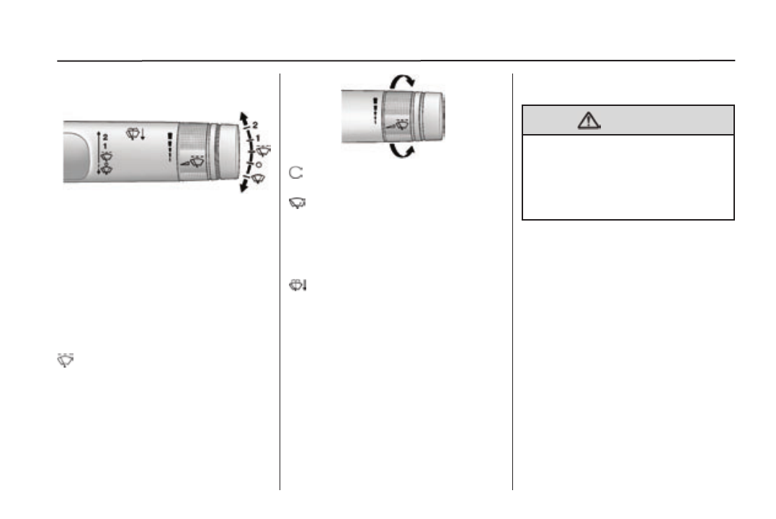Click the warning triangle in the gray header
coord(589,120)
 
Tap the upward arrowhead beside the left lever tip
coord(243,117)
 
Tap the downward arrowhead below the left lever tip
coord(244,187)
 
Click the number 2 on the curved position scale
coord(255,125)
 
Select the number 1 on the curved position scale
coord(257,138)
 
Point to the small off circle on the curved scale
coord(259,164)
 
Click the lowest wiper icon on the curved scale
coord(259,179)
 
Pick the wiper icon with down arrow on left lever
coord(135,133)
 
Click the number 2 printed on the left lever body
coord(105,137)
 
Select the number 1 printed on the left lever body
coord(105,146)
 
